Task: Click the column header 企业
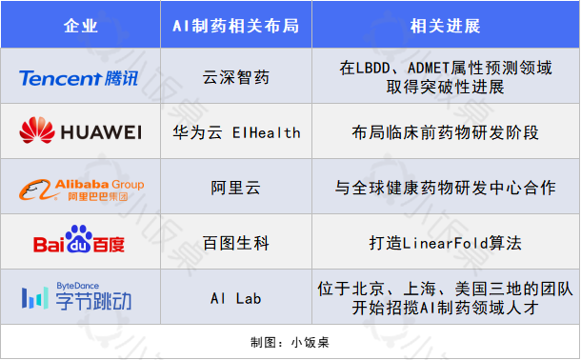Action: pyautogui.click(x=81, y=25)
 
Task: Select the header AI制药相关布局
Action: pyautogui.click(x=235, y=25)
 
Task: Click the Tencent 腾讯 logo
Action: pyautogui.click(x=79, y=77)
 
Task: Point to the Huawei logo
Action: pyautogui.click(x=79, y=131)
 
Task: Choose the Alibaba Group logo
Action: pyautogui.click(x=79, y=188)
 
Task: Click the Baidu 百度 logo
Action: pyautogui.click(x=79, y=243)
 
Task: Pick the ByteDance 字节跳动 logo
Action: pyautogui.click(x=79, y=297)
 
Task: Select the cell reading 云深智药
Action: pyautogui.click(x=235, y=77)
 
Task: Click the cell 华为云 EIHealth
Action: pyautogui.click(x=235, y=132)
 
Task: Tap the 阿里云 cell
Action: pyautogui.click(x=235, y=188)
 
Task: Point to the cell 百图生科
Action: pyautogui.click(x=235, y=243)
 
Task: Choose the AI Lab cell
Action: pyautogui.click(x=235, y=298)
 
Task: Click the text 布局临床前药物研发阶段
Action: pyautogui.click(x=446, y=132)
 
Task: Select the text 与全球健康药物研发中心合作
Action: pyautogui.click(x=446, y=188)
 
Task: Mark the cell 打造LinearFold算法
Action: pyautogui.click(x=446, y=243)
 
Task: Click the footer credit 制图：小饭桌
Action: pyautogui.click(x=290, y=341)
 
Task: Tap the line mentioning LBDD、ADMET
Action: pyautogui.click(x=446, y=69)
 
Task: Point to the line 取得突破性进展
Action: pyautogui.click(x=446, y=87)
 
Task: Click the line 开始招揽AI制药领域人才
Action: pyautogui.click(x=446, y=308)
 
